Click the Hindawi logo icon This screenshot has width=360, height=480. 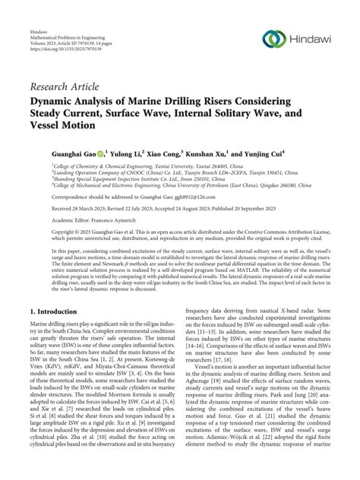273,38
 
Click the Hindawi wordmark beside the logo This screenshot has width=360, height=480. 311,38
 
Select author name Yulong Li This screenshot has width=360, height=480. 140,152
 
